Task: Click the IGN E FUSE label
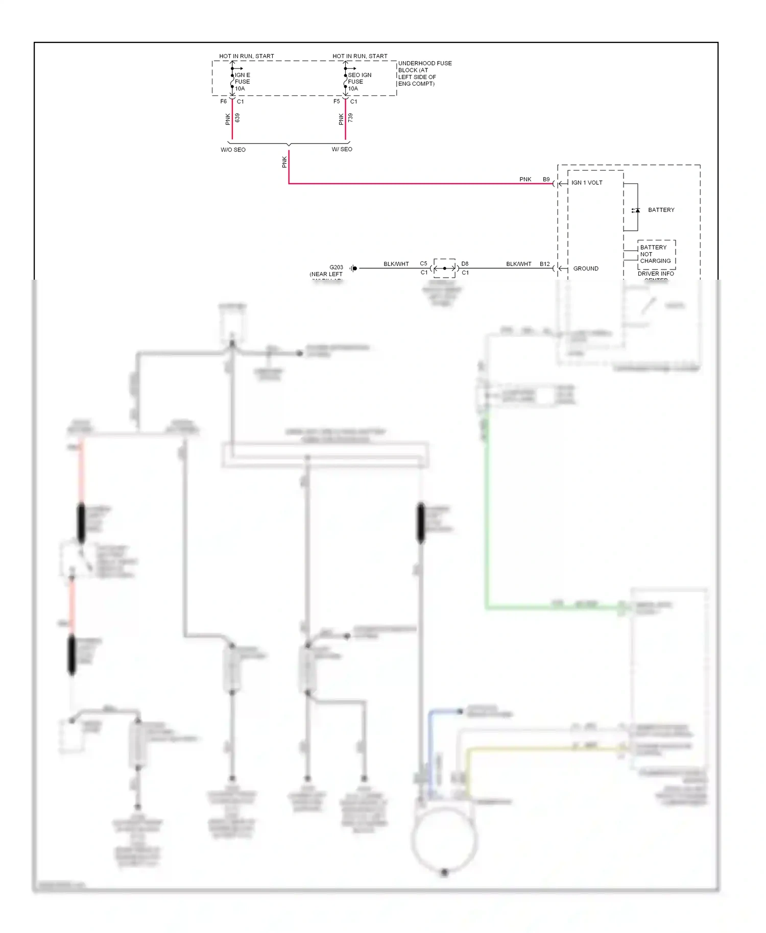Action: coord(242,82)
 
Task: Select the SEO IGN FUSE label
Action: coord(359,82)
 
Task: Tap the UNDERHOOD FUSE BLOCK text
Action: coord(424,73)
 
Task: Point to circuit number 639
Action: coord(237,118)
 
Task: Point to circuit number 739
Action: coord(350,118)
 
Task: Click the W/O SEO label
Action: coord(233,150)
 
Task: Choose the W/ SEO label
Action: coord(342,149)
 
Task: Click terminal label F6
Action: coord(223,102)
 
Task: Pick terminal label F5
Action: coord(337,102)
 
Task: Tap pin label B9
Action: coord(546,180)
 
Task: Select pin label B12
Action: coord(544,264)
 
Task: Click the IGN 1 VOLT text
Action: coord(587,183)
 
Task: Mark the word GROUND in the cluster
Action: coord(585,268)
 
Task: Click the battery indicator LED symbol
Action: coord(636,210)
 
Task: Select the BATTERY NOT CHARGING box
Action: coord(656,254)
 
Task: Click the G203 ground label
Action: coord(336,267)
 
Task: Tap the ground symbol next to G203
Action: coord(353,268)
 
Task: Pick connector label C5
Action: coord(423,264)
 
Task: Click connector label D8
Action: coord(465,264)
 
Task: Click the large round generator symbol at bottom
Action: coord(444,840)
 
